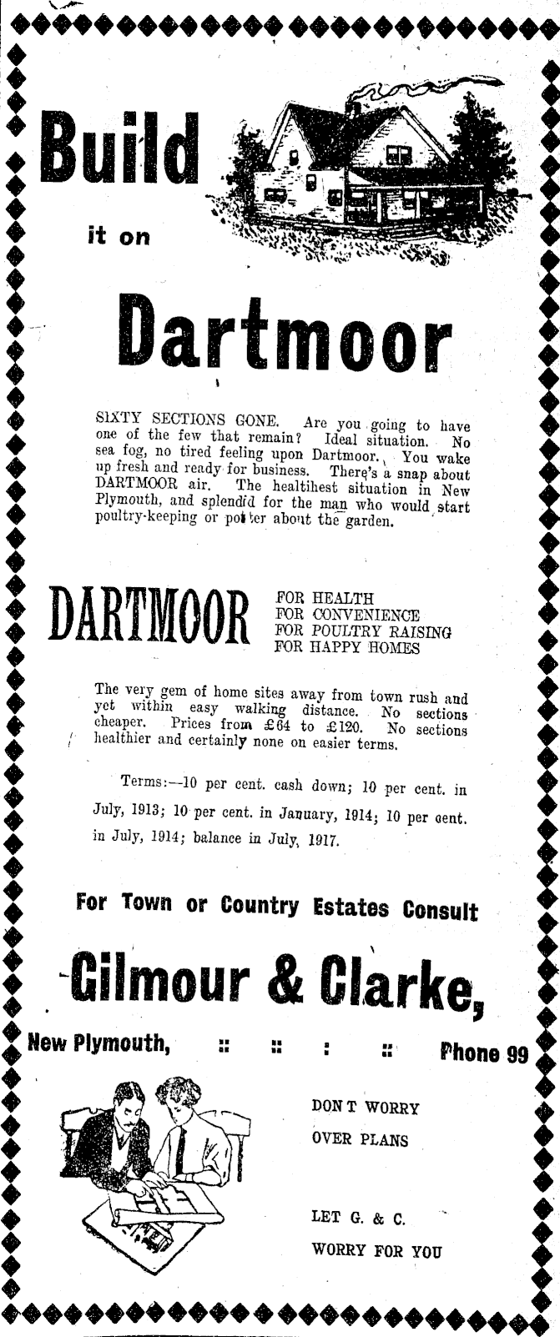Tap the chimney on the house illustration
tap(352, 106)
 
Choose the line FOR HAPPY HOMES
tap(347, 648)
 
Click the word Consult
tap(441, 908)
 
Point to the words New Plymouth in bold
tap(98, 1043)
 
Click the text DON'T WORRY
tap(365, 1108)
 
